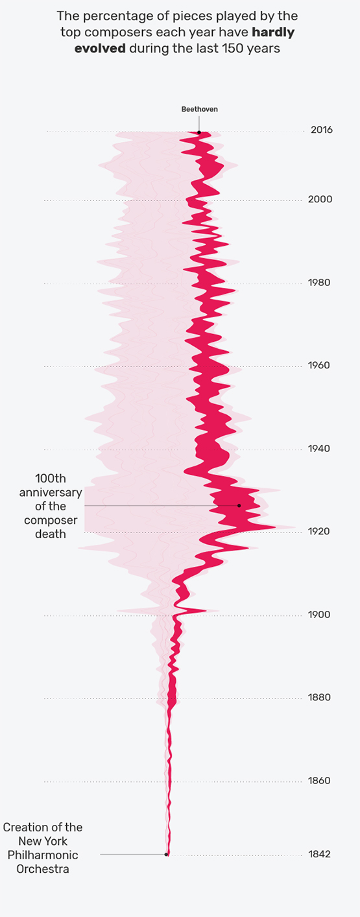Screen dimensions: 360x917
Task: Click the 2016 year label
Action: point(322,130)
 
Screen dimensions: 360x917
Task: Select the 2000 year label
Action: point(320,199)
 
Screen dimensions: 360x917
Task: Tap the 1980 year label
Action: point(319,283)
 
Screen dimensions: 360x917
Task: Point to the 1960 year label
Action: point(319,365)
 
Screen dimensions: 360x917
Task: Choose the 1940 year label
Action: point(319,449)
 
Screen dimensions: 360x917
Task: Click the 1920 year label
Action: point(319,531)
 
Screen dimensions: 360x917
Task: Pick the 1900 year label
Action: point(319,615)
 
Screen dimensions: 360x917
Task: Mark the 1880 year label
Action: point(319,697)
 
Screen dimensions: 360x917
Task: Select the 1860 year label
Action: point(319,781)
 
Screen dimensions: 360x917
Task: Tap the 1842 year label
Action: point(319,854)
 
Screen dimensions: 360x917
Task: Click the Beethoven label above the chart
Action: point(199,110)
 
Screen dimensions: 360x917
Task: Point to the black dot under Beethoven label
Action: point(199,132)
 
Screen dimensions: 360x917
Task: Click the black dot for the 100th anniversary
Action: point(239,506)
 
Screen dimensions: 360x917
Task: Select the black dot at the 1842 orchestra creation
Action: point(166,854)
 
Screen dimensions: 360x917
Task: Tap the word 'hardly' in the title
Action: point(273,32)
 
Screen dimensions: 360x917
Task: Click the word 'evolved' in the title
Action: point(100,48)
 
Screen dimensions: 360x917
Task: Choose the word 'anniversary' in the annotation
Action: point(51,492)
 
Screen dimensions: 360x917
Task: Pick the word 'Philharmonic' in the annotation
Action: point(43,855)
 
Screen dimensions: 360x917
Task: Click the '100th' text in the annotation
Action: point(51,478)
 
